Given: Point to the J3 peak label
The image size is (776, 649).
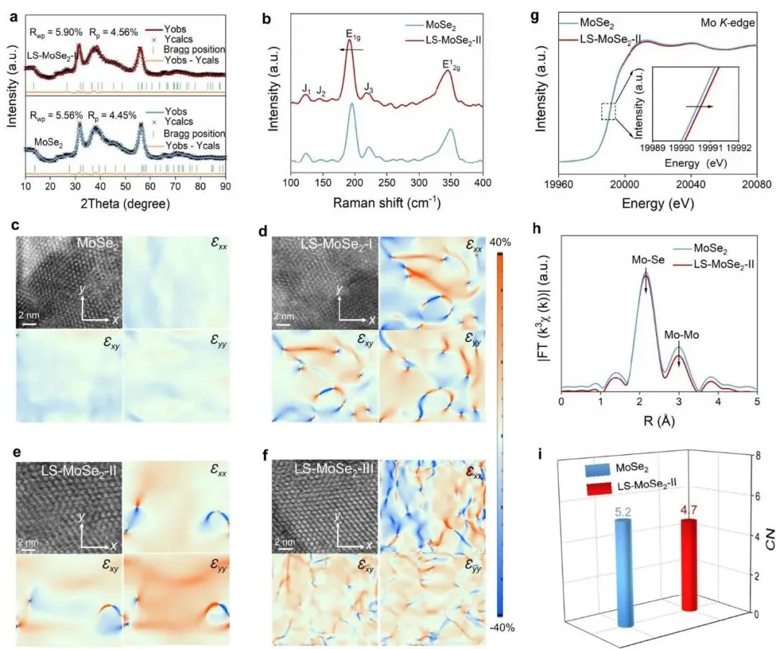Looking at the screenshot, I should point(369,87).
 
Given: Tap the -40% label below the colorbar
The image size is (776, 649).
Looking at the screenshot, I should point(502,627).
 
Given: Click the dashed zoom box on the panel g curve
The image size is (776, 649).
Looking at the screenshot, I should point(609,111).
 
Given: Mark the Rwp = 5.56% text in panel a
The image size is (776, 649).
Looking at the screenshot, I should point(57,115).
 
